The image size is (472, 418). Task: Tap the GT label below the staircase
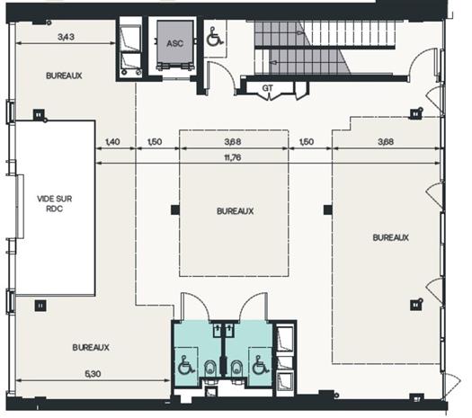[268, 87]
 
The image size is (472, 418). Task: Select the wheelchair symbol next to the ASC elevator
[214, 38]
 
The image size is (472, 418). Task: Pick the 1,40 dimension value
[112, 142]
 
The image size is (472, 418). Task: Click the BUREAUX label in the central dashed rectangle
[235, 211]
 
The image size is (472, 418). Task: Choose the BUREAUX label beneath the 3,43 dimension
[64, 76]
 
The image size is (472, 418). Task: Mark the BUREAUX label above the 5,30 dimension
[91, 346]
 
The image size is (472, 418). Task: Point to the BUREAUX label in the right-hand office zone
[390, 237]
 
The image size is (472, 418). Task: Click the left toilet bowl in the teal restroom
[209, 367]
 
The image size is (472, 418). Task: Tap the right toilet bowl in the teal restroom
[236, 367]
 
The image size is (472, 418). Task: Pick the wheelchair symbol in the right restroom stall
[259, 366]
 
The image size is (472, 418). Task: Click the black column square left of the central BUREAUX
[174, 210]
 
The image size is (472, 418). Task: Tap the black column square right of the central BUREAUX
[327, 210]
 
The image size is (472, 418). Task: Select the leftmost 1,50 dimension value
[154, 142]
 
